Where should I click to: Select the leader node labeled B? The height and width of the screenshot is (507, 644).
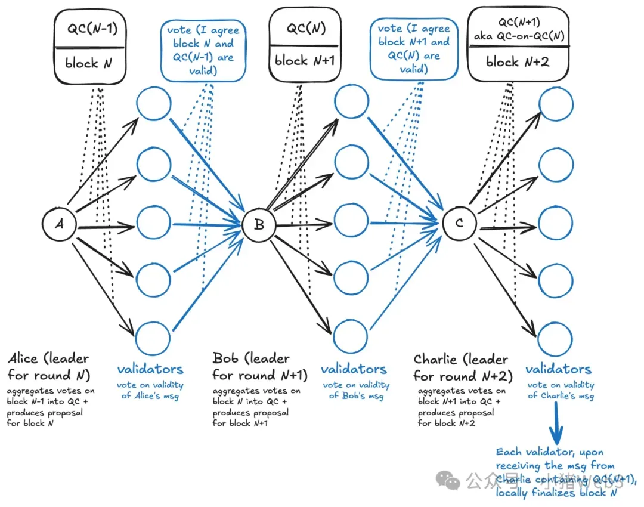point(259,224)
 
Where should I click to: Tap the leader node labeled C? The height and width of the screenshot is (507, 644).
point(459,224)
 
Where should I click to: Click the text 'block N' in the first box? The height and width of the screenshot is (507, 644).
point(89,63)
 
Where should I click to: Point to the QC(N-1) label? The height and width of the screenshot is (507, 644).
point(89,30)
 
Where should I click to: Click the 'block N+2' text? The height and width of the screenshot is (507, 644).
point(517,61)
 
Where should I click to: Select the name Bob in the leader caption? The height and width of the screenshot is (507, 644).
point(225,358)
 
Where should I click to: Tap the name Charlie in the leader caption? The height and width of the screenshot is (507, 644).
point(434,360)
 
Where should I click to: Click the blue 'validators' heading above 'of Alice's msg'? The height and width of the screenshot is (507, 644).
point(150,369)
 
